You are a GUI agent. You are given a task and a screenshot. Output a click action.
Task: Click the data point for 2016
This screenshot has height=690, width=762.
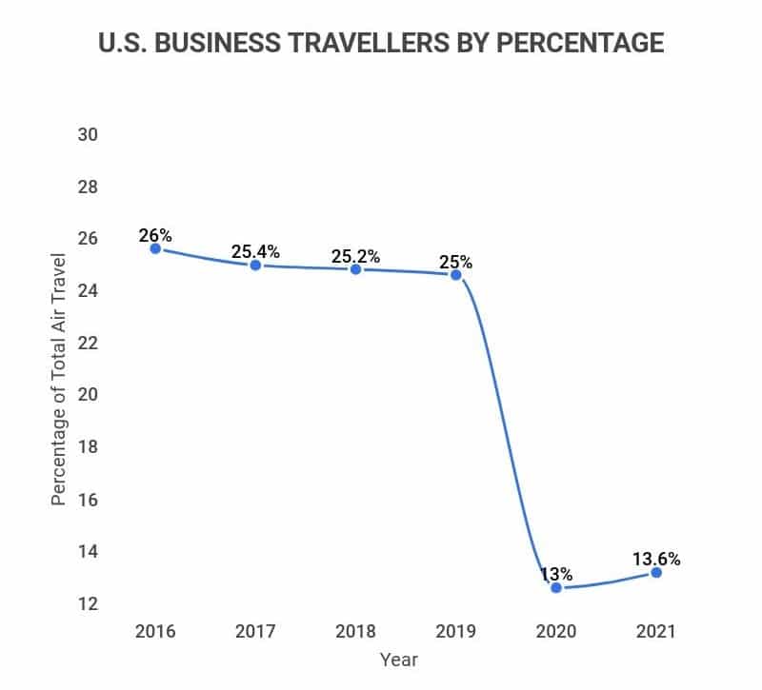pyautogui.click(x=155, y=248)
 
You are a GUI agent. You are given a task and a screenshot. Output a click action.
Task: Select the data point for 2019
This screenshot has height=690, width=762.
pyautogui.click(x=455, y=275)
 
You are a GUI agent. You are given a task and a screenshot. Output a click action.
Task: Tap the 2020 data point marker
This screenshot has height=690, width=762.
pyautogui.click(x=556, y=587)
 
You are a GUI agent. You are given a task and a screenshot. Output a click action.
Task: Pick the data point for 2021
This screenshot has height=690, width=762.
pyautogui.click(x=656, y=572)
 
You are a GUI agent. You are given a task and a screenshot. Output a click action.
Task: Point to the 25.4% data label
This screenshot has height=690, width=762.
pyautogui.click(x=255, y=252)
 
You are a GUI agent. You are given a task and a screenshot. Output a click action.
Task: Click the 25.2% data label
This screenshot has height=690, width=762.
pyautogui.click(x=355, y=256)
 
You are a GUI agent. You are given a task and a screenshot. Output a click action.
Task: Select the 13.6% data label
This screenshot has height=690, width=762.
pyautogui.click(x=656, y=559)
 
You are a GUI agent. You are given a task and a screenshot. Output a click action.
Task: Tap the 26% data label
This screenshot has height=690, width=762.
pyautogui.click(x=154, y=235)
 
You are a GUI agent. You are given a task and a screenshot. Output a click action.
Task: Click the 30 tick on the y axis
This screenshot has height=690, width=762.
pyautogui.click(x=88, y=134)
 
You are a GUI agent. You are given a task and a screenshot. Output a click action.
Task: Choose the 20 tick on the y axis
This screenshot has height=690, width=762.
pyautogui.click(x=88, y=395)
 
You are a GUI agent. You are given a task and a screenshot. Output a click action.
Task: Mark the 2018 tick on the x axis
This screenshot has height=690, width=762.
pyautogui.click(x=355, y=631)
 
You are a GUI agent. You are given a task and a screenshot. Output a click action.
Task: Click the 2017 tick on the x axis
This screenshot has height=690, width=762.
pyautogui.click(x=255, y=631)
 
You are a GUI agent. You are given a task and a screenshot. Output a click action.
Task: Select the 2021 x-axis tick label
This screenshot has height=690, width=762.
pyautogui.click(x=656, y=631)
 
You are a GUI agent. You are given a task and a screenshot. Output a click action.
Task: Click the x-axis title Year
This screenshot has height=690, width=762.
pyautogui.click(x=398, y=659)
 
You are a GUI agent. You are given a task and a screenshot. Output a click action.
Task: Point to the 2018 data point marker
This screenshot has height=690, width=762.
pyautogui.click(x=355, y=269)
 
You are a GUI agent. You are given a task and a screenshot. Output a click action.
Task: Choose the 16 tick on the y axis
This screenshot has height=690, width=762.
pyautogui.click(x=88, y=500)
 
